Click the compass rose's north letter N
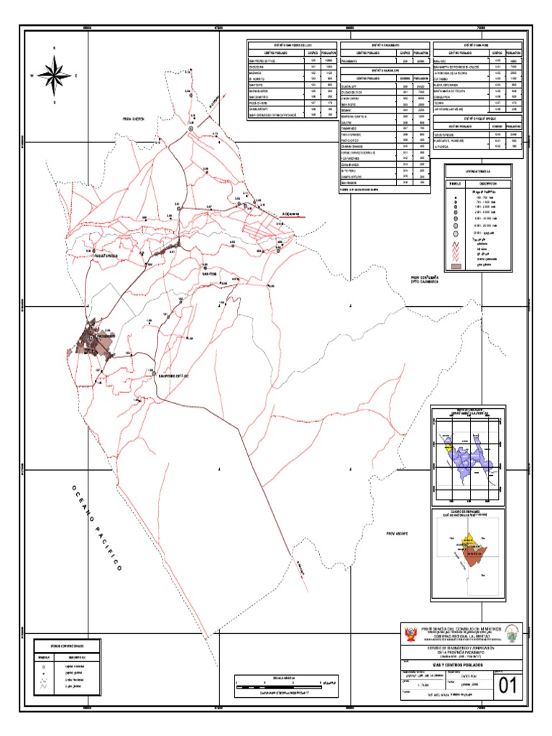point(54,48)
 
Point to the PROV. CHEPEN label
point(134,119)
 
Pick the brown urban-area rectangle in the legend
point(454,266)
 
